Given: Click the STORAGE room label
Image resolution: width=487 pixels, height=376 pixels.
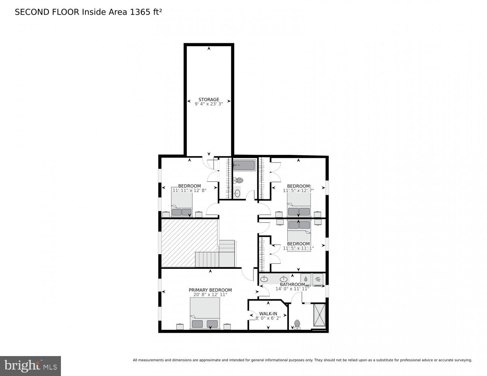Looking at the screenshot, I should (x=209, y=100).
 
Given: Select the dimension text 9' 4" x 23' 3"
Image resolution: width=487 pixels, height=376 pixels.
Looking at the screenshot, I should (x=209, y=104).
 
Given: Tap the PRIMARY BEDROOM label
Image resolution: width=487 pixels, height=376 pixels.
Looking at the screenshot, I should (x=210, y=290).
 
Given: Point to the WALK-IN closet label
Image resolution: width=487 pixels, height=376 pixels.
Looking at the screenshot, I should (x=268, y=314).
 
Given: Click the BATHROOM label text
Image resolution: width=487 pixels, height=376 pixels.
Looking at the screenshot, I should (x=292, y=284).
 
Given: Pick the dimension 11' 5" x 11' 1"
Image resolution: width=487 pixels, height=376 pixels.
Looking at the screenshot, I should (x=298, y=248).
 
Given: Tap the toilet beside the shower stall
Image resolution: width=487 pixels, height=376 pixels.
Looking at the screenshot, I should (x=297, y=324).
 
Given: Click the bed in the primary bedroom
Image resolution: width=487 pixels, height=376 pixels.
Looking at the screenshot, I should (x=205, y=316).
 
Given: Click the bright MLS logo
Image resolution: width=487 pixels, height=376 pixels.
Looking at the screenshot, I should (x=30, y=365).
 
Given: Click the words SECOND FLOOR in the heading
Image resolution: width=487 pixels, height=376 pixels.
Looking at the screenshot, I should (x=47, y=12).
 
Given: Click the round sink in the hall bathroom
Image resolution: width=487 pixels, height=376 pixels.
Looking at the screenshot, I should (x=237, y=194).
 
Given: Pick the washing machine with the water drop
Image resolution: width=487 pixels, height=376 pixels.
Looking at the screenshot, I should (x=306, y=279).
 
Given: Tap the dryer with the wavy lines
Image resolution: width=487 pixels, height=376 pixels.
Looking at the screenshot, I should (x=318, y=279).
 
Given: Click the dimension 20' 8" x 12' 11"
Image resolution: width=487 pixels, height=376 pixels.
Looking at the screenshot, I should (x=210, y=294).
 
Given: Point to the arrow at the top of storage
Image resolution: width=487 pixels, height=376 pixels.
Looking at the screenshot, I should (x=209, y=48).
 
